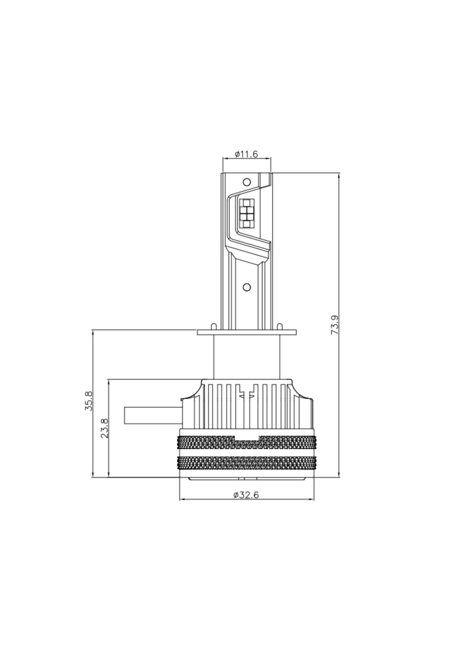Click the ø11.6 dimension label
point(247,154)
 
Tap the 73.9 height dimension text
point(335,325)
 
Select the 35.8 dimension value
point(89,401)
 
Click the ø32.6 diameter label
point(246,495)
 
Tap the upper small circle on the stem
point(247,182)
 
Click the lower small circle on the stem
point(247,287)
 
